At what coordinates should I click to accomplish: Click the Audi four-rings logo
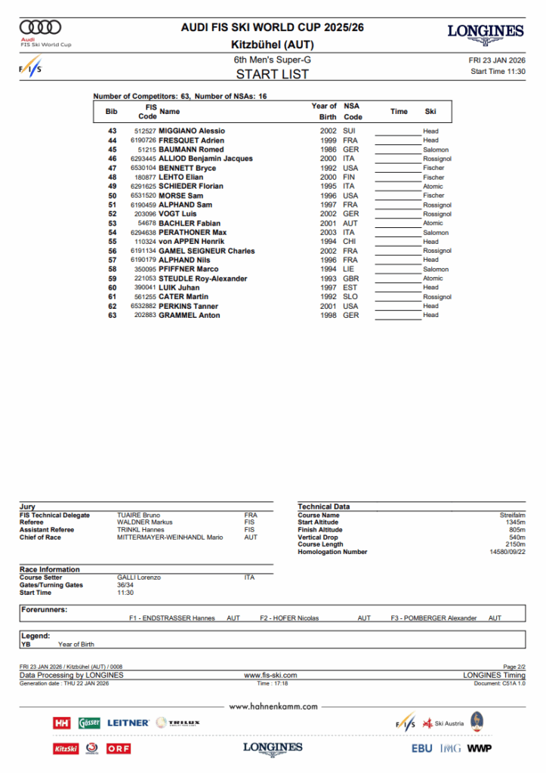tap(41, 28)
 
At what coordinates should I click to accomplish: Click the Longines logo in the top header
tap(485, 32)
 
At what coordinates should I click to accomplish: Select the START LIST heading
tap(273, 74)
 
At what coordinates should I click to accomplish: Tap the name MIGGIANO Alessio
tap(192, 131)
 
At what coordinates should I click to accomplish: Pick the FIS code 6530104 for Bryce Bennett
tap(143, 168)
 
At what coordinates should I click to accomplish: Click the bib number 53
tap(112, 223)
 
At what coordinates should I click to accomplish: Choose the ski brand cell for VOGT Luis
tap(436, 214)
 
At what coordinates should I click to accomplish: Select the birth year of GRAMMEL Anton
tap(328, 316)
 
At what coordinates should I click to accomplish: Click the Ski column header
tap(430, 112)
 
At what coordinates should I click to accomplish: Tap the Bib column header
tap(112, 112)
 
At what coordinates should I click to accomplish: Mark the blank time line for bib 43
tap(397, 132)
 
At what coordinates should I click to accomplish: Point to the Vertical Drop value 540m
tap(517, 537)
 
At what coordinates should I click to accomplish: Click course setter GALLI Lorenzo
tap(139, 577)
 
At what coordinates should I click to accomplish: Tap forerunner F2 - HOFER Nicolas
tap(289, 618)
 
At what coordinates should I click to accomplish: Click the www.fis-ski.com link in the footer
tap(270, 675)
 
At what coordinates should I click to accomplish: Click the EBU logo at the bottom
tap(422, 748)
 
